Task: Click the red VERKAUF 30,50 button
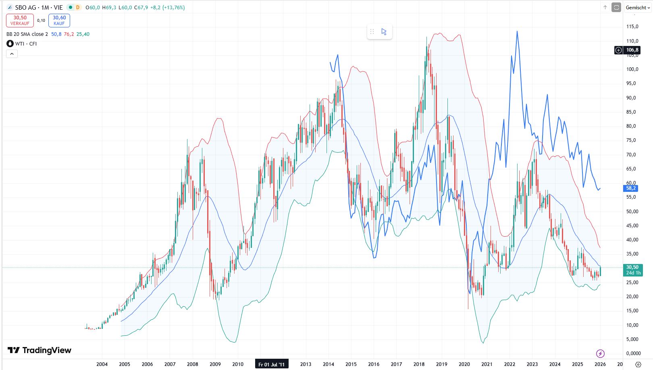[x=20, y=20]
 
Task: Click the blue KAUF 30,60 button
[x=59, y=20]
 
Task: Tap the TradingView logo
[x=40, y=350]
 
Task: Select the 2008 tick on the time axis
[x=192, y=364]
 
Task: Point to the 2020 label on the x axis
[x=464, y=364]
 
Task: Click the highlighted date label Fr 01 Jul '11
[x=271, y=364]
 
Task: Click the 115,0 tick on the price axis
[x=632, y=27]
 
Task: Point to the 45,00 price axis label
[x=632, y=226]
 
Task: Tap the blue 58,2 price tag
[x=631, y=188]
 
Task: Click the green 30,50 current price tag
[x=632, y=270]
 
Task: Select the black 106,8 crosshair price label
[x=632, y=50]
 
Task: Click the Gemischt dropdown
[x=638, y=8]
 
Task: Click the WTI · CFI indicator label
[x=26, y=44]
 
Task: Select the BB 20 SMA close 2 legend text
[x=27, y=34]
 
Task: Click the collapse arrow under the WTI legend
[x=12, y=54]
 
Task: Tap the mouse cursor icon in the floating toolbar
[x=384, y=31]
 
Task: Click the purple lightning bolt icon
[x=600, y=353]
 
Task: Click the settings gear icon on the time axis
[x=638, y=364]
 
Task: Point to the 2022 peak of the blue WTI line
[x=517, y=31]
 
